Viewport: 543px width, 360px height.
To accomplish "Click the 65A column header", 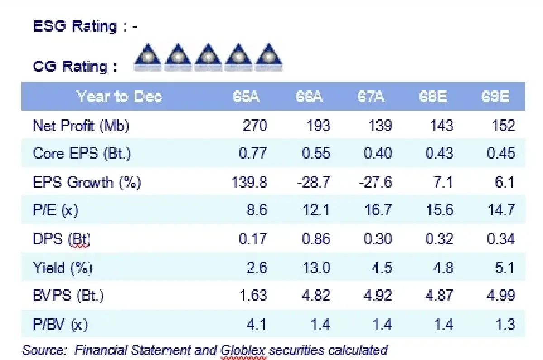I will point(246,97).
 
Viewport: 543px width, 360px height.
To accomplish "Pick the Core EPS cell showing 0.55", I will point(316,153).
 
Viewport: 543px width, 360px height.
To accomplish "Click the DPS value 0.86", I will point(316,239).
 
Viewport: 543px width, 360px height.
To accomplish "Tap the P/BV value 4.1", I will point(256,324).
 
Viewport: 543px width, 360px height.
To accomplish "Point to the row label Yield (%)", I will point(62,268).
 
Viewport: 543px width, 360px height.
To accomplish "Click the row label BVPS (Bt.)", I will point(68,296).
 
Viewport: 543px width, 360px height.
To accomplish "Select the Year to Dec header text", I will point(119,97).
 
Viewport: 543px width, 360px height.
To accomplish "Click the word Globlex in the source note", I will point(243,350).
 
